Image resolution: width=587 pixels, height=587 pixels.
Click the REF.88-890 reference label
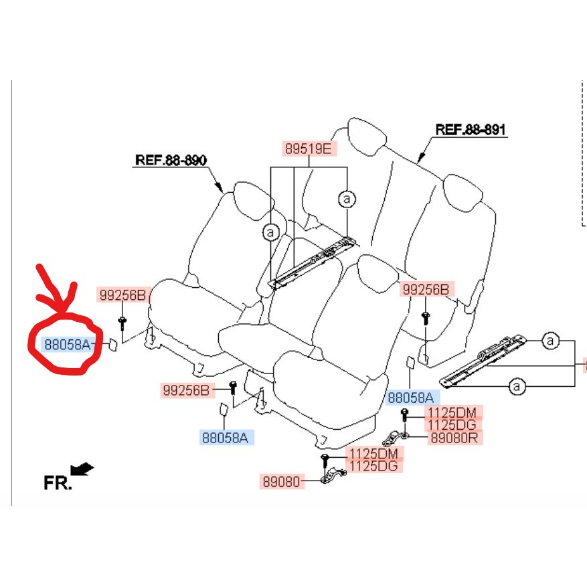(170, 160)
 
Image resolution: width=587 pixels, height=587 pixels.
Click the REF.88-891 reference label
(470, 129)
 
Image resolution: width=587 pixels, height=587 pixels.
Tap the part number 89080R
(452, 438)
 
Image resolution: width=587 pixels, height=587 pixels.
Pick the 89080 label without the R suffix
(281, 481)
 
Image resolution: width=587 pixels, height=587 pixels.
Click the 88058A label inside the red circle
(66, 344)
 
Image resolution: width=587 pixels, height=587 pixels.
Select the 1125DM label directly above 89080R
(452, 413)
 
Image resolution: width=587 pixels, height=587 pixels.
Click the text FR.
(58, 483)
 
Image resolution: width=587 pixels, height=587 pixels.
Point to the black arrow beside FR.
(83, 469)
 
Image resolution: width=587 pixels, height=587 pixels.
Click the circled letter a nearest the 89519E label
(346, 199)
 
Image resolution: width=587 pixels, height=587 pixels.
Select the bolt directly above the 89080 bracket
(325, 458)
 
